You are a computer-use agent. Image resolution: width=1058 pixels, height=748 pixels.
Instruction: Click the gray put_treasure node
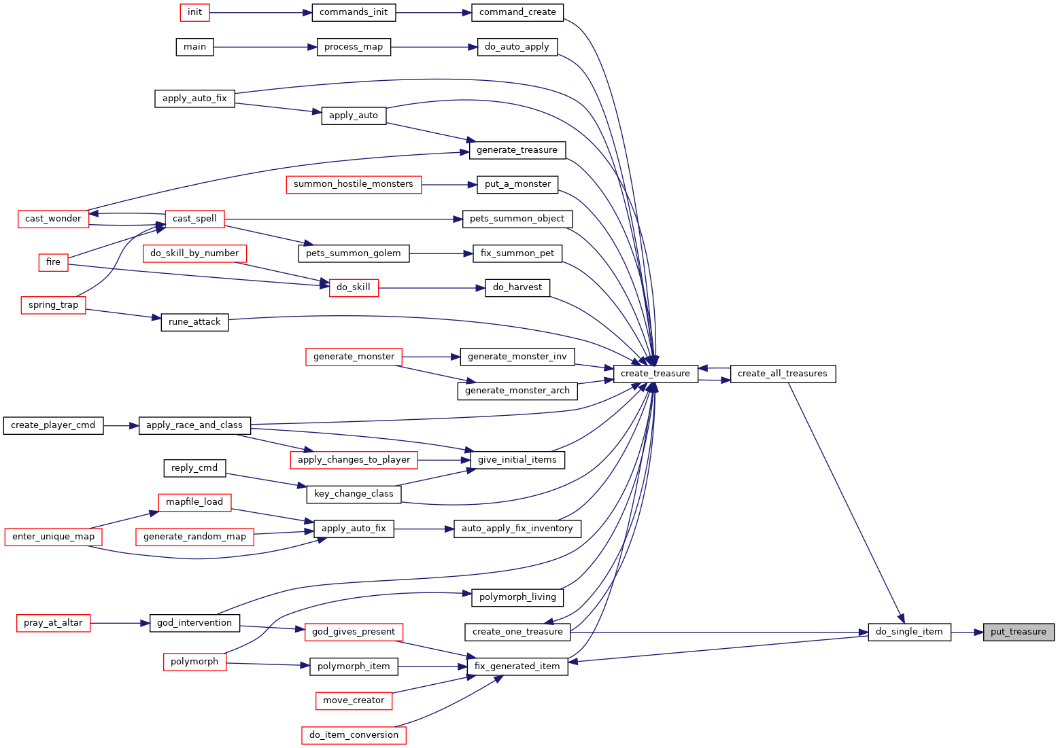1019,632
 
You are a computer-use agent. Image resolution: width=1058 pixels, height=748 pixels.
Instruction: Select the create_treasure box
655,374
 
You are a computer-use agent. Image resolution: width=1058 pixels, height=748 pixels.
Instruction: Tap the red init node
194,12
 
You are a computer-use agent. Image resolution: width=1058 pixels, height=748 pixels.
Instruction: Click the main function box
194,47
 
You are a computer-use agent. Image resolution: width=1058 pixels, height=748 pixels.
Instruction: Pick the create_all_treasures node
783,374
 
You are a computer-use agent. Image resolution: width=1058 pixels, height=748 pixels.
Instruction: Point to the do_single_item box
909,632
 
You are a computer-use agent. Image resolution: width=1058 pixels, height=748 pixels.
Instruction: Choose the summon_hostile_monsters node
354,185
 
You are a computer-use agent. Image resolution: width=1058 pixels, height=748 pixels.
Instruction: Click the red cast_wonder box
53,219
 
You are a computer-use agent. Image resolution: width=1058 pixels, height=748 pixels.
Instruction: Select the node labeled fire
53,262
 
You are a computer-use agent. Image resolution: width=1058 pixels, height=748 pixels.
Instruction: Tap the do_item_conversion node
354,735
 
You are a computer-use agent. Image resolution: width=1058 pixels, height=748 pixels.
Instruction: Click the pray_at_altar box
53,623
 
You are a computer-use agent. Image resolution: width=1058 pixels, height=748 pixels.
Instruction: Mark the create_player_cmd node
53,426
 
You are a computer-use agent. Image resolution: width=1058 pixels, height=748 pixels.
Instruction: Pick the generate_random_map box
194,537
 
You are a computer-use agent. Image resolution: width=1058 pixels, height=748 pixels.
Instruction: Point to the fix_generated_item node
517,666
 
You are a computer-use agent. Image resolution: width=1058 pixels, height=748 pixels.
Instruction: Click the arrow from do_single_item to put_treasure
967,633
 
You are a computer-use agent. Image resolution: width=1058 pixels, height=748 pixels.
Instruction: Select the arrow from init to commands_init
260,13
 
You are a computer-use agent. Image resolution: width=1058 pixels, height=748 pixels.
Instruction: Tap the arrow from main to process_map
265,47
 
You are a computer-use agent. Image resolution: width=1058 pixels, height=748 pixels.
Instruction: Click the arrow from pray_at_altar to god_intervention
120,624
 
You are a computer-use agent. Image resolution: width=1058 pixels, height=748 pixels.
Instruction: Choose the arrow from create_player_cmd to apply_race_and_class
121,426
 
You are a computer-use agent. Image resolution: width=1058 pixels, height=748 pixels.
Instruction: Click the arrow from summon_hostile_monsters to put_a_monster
449,185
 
